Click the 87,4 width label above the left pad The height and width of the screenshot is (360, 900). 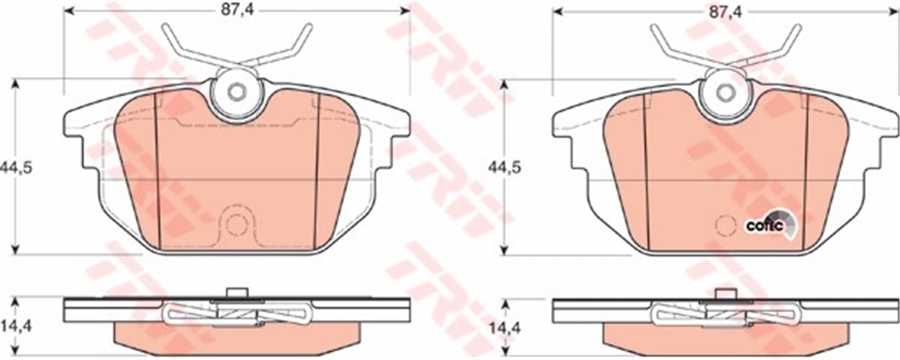point(236,12)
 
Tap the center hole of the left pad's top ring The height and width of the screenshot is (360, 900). point(236,92)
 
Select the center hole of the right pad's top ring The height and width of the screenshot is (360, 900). point(724,92)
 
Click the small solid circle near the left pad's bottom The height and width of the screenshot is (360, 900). point(237,223)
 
